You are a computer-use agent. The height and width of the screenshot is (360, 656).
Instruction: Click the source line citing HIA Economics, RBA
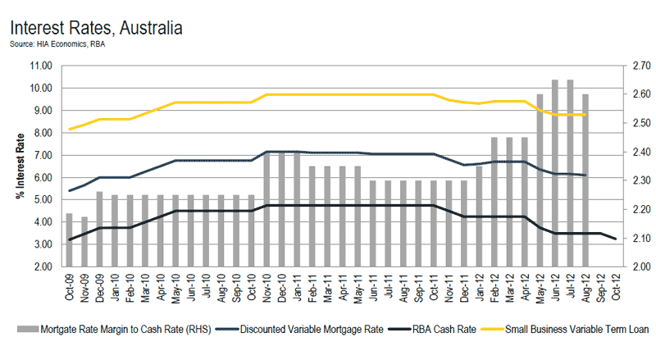[57, 44]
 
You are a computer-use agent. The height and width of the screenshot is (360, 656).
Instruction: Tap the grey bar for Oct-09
[70, 239]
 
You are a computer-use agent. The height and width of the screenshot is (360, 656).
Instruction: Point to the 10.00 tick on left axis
[41, 88]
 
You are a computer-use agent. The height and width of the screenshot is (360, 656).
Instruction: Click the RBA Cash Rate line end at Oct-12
[616, 239]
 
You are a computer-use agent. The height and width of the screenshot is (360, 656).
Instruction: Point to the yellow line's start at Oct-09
[70, 129]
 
